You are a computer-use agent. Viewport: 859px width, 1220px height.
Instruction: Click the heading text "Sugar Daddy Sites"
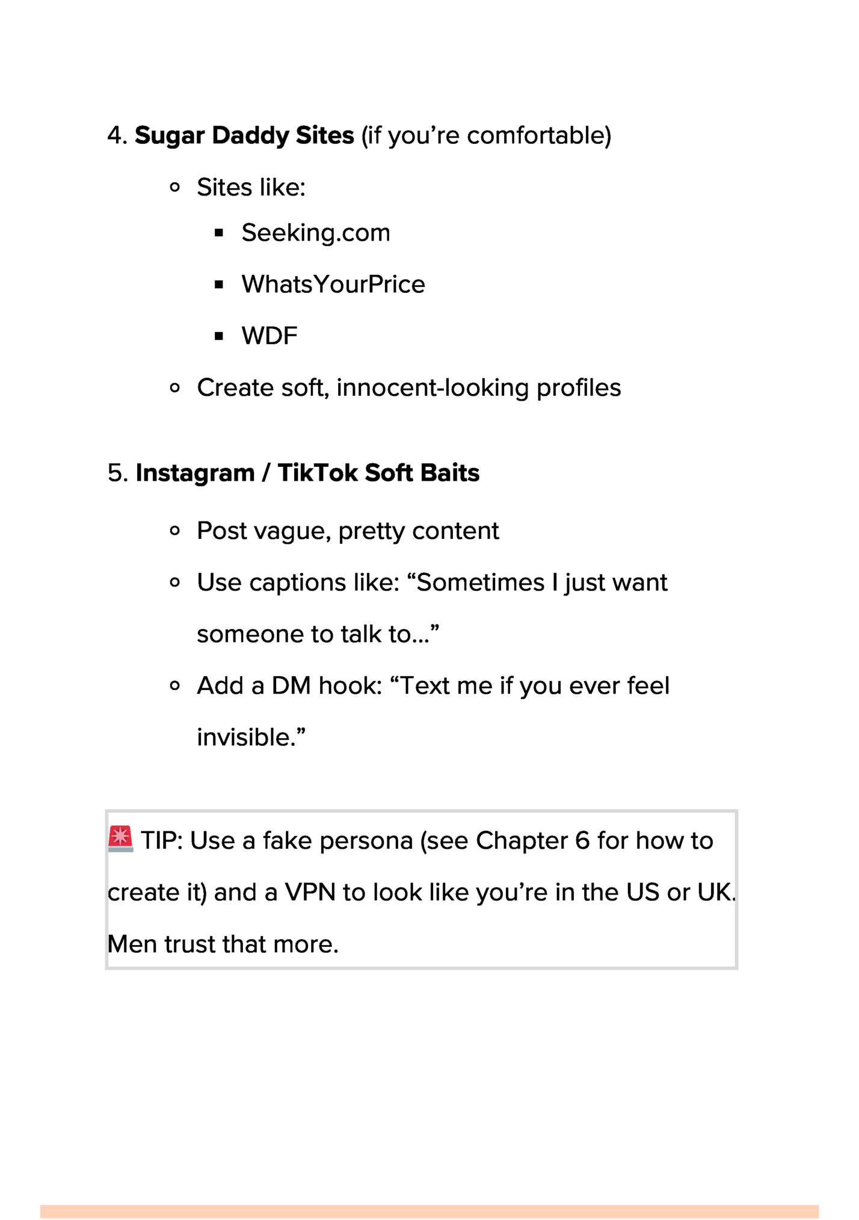click(x=244, y=135)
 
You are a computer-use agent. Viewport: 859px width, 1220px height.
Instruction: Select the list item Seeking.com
click(x=315, y=233)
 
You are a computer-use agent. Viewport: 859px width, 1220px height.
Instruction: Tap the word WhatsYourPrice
click(x=333, y=285)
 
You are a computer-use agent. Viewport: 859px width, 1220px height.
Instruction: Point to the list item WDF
click(x=269, y=336)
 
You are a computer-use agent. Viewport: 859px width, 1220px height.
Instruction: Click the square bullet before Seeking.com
click(x=219, y=233)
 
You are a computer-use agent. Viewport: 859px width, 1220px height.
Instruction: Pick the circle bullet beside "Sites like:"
click(x=175, y=188)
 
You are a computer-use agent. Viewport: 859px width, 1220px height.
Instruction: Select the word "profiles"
click(x=578, y=388)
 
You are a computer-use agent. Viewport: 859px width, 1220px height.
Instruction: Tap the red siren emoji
click(x=120, y=838)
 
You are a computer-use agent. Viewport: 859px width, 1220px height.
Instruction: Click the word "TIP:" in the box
click(x=161, y=841)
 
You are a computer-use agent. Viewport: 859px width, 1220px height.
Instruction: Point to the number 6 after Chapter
click(x=582, y=841)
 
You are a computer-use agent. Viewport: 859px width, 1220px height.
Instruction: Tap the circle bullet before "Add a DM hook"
click(x=175, y=686)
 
